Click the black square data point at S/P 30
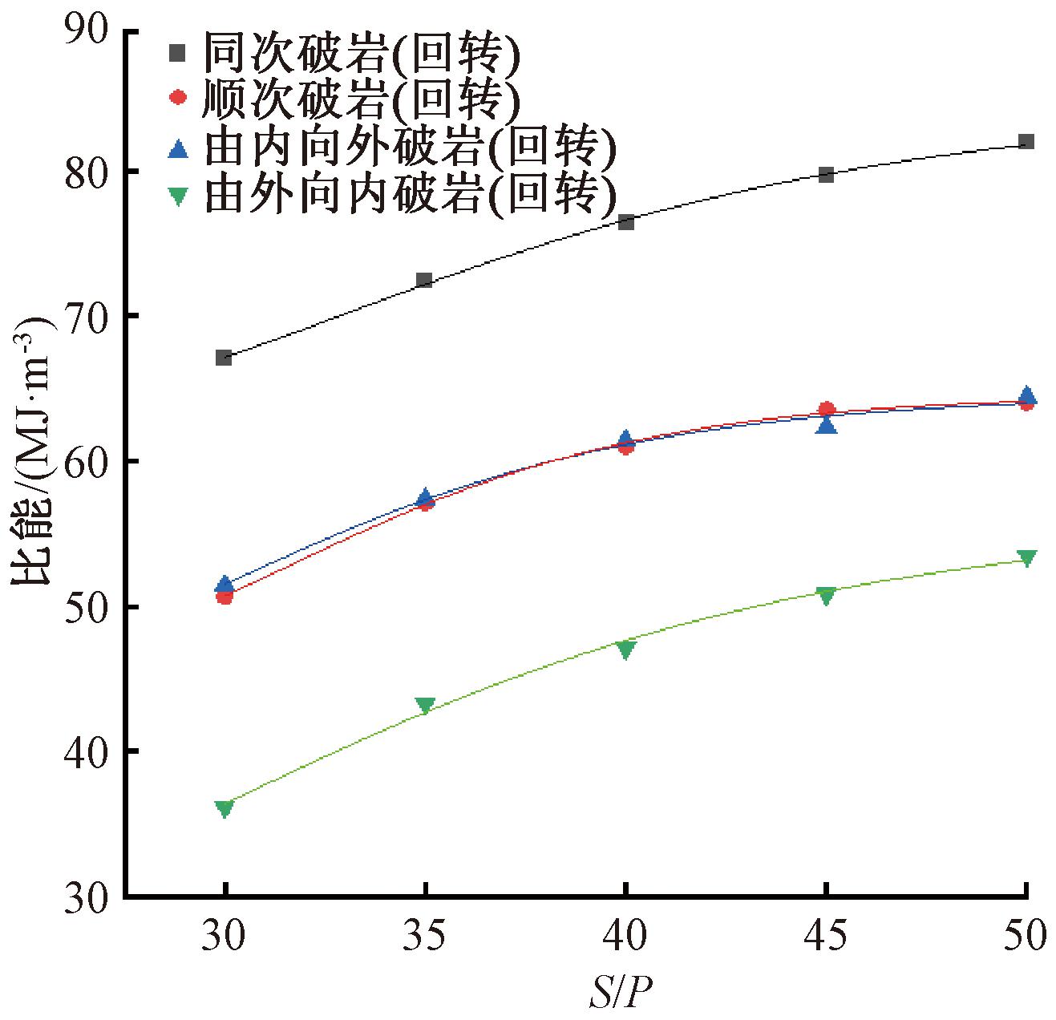(224, 357)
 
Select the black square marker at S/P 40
(626, 221)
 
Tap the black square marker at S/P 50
(1026, 142)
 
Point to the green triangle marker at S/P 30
(225, 807)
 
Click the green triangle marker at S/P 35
(425, 705)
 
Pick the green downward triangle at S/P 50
(1026, 557)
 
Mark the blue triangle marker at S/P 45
(827, 425)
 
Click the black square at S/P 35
(424, 280)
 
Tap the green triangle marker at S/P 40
(626, 650)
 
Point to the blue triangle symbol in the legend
(178, 148)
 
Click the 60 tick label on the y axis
(87, 462)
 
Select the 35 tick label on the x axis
(425, 933)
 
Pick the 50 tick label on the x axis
(1024, 933)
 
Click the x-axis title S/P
(620, 993)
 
